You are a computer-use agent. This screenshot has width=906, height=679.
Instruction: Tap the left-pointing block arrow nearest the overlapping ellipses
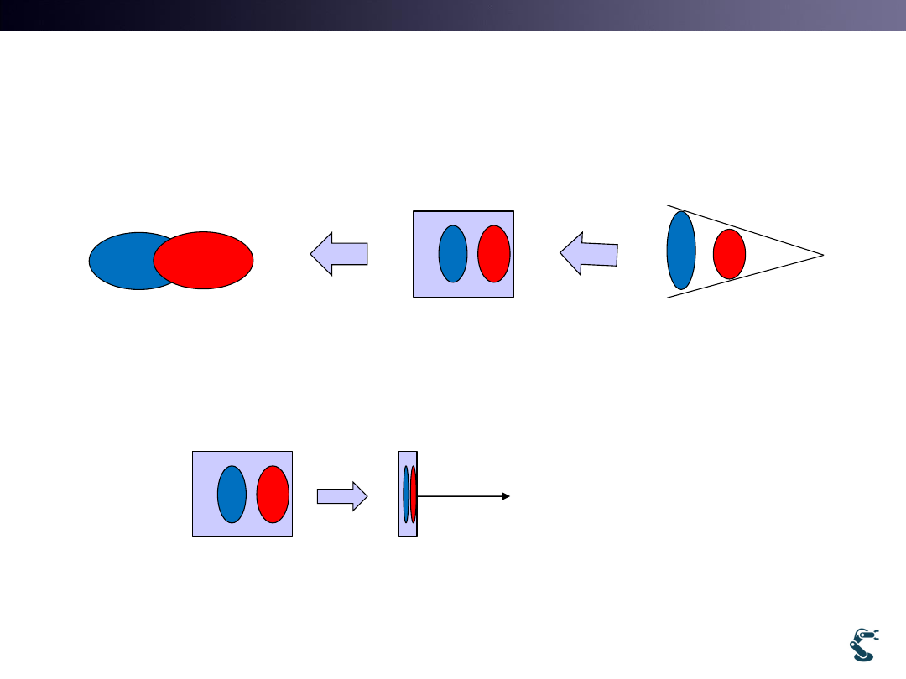(x=339, y=253)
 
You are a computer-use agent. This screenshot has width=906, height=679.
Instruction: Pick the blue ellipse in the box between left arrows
(x=453, y=253)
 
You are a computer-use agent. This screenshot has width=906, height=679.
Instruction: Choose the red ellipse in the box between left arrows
(x=494, y=253)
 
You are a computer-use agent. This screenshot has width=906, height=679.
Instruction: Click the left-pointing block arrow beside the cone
(x=589, y=253)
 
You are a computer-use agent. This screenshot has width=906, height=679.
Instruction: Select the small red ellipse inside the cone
(x=729, y=253)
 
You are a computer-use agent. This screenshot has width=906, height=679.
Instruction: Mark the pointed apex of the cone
(x=823, y=254)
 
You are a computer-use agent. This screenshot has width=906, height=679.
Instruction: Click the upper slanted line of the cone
(x=747, y=230)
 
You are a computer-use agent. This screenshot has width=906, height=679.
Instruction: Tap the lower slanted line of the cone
(x=747, y=276)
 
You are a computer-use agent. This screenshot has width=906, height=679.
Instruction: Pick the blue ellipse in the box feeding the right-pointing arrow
(x=232, y=494)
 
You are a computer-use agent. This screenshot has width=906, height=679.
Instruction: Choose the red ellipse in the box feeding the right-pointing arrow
(x=273, y=494)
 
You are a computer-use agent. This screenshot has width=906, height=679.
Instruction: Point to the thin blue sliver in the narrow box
(x=406, y=494)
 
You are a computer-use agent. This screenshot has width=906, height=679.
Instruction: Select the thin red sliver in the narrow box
(x=414, y=494)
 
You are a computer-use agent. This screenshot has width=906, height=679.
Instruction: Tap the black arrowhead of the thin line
(x=506, y=496)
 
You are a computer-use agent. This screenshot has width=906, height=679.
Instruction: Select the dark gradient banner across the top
(x=453, y=15)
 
